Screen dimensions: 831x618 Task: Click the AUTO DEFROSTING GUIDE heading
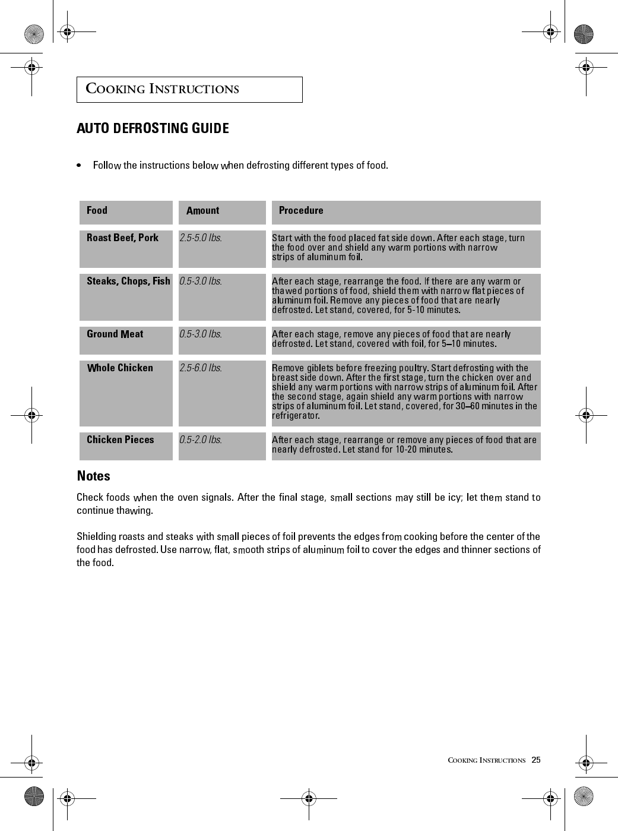pos(153,128)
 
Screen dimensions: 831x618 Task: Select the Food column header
pos(97,210)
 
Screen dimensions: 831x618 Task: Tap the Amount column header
pos(202,211)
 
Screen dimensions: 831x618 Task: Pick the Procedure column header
pos(301,210)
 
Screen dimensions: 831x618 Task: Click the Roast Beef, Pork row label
pos(122,238)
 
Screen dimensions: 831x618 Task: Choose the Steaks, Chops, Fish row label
pos(128,281)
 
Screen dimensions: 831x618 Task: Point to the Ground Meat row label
pos(115,334)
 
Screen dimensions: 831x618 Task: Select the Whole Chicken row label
pos(120,368)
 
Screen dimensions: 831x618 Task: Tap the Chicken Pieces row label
pos(120,440)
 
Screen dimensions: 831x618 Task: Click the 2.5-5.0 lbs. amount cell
pos(201,238)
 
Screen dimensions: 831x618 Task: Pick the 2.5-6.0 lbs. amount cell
pos(201,368)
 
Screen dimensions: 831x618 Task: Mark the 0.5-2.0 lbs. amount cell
pos(201,440)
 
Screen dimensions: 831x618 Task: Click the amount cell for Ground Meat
pos(201,334)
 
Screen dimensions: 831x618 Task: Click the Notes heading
pos(94,476)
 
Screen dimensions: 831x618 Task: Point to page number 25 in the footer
pos(536,760)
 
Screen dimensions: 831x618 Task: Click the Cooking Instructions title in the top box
pos(163,89)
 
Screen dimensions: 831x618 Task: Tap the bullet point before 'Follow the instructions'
pos(79,165)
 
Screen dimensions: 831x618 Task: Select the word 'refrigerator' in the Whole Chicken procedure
pos(295,416)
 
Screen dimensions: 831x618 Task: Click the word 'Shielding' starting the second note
pos(97,536)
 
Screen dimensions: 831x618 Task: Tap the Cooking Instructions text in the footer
pos(486,760)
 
